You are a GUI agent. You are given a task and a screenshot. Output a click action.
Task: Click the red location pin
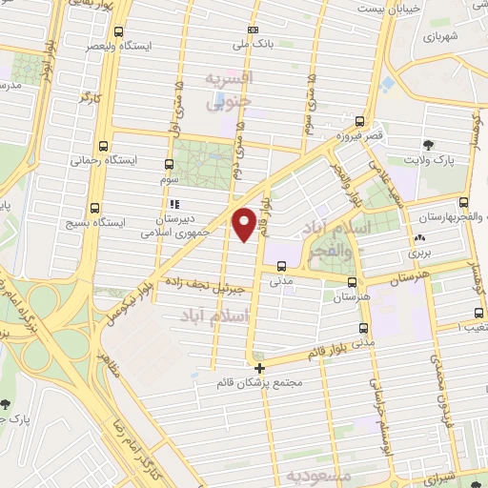245,223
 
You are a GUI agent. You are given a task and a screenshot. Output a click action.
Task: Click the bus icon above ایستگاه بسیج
94,208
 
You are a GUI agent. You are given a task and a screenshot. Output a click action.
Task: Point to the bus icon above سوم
170,164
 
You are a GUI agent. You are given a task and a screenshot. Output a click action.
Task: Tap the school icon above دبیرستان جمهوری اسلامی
173,203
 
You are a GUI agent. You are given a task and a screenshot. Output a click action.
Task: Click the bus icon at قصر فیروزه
359,121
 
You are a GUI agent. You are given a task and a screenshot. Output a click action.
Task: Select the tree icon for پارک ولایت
429,145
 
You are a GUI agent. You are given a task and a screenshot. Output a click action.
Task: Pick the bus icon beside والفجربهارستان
463,203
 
